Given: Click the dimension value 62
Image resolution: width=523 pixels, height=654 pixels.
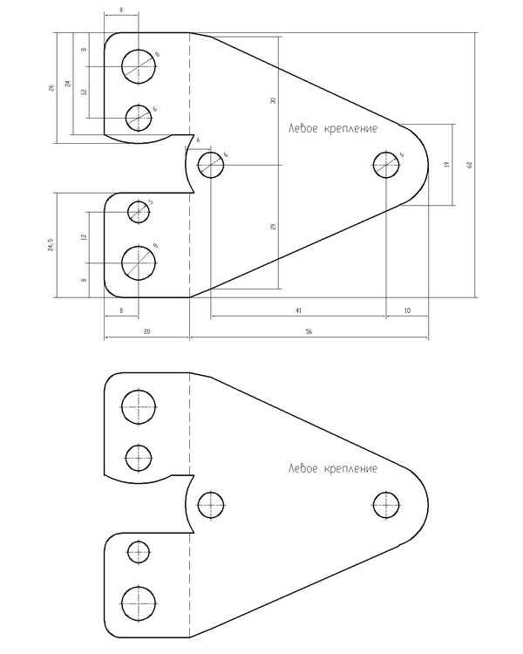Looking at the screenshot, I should click(469, 165).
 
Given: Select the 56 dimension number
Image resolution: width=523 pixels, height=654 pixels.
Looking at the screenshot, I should click(309, 332).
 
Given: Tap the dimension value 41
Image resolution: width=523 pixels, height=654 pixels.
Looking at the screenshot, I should click(298, 310).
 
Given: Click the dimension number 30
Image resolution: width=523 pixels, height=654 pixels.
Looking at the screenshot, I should click(273, 101).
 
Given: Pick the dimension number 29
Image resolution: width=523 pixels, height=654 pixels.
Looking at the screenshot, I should click(273, 227).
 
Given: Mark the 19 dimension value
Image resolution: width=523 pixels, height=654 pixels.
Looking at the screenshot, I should click(446, 165).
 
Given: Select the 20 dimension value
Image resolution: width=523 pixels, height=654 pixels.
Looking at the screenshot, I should click(146, 332).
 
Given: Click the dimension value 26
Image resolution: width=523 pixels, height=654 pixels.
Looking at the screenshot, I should click(51, 87).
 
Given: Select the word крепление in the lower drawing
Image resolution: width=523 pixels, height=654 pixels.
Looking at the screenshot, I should click(350, 469).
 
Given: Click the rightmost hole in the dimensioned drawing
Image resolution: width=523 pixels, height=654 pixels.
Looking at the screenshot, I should click(386, 165).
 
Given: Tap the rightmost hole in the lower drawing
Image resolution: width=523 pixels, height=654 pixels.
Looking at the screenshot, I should click(386, 504).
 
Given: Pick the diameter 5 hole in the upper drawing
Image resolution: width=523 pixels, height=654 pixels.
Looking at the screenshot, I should click(139, 211).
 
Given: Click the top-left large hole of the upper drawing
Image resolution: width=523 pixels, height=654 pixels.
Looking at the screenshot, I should click(139, 65).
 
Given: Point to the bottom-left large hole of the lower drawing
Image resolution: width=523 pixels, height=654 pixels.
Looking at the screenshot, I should click(139, 601).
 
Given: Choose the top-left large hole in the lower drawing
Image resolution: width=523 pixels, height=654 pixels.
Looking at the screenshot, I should click(139, 405).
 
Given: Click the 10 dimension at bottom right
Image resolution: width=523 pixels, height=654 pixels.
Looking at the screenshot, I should click(407, 310).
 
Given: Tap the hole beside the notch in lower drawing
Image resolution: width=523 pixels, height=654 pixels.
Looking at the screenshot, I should click(211, 504).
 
